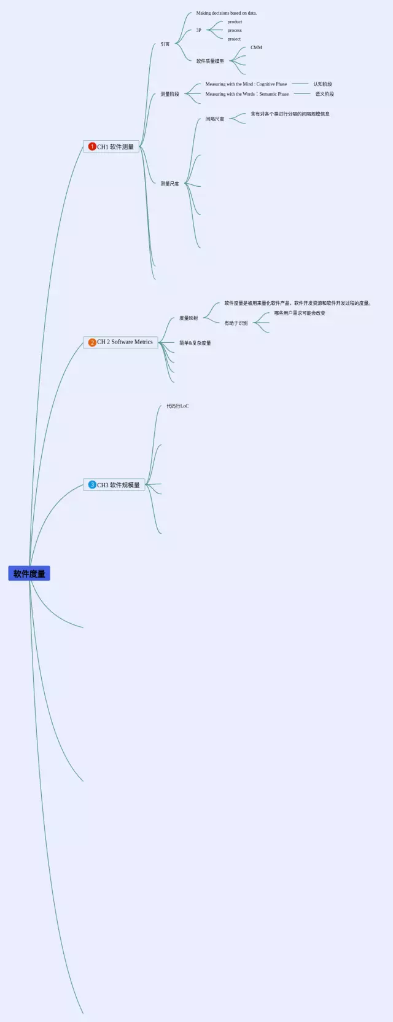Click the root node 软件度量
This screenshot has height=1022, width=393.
[29, 573]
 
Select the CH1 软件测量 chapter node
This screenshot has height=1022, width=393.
[112, 147]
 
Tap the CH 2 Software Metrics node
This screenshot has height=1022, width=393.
[121, 342]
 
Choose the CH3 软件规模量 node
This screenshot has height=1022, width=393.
[115, 485]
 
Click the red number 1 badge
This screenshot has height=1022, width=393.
[92, 147]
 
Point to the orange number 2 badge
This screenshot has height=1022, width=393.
[92, 342]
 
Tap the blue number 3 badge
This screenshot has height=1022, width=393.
[92, 485]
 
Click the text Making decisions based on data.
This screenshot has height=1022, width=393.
[227, 13]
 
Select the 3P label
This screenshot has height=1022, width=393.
[198, 30]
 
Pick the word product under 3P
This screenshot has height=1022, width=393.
[235, 22]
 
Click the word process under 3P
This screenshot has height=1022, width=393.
[235, 30]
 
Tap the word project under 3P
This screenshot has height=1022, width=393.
[234, 39]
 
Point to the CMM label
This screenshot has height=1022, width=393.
[256, 47]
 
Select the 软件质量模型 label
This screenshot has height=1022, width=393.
[210, 61]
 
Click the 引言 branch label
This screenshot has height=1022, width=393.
[165, 44]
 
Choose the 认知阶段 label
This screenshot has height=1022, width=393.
[322, 84]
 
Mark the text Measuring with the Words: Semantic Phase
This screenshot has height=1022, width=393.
[247, 94]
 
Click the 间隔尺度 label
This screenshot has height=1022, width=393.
[215, 119]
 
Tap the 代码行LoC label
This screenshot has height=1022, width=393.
[177, 406]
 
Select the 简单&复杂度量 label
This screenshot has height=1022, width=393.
[195, 343]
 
